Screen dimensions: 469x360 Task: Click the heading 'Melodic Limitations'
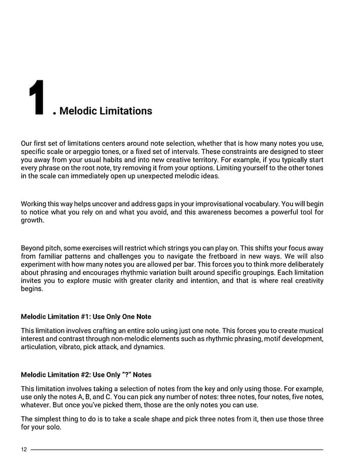point(106,111)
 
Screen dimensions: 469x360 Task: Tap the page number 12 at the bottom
point(23,450)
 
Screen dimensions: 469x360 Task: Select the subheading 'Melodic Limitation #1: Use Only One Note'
point(86,317)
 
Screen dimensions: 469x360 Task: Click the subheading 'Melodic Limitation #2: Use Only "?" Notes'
point(86,374)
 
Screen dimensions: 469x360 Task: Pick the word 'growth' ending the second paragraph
point(32,221)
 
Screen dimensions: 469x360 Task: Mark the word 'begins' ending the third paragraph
point(32,289)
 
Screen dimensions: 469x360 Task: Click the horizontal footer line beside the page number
point(176,450)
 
